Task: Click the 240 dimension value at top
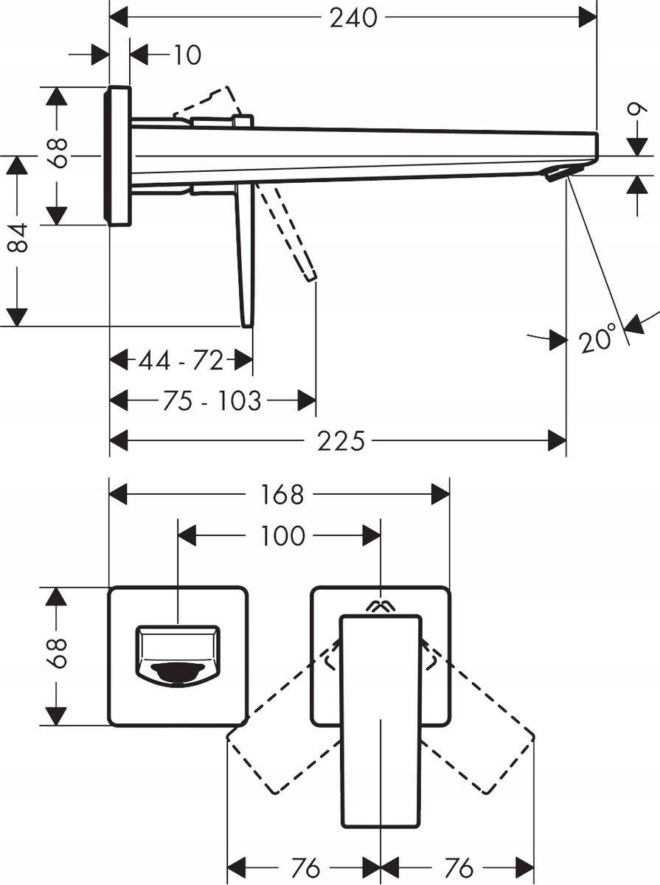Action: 353,17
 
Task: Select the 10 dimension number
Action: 187,55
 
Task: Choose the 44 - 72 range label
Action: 181,361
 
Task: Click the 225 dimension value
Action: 341,441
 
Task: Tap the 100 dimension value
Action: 282,536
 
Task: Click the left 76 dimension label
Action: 305,868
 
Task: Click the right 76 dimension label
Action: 459,868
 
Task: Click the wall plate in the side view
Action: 118,156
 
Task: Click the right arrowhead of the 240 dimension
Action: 588,17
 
